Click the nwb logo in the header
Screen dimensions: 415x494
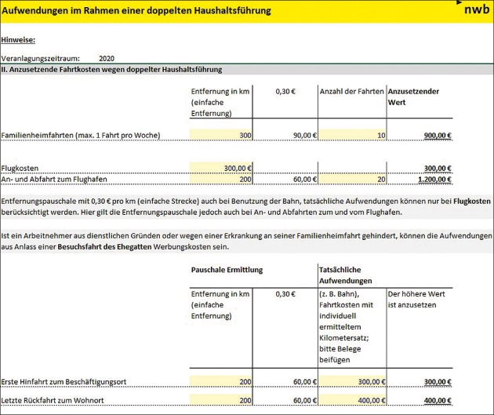click(474, 10)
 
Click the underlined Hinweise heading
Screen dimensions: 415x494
click(18, 39)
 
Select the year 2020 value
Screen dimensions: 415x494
click(107, 58)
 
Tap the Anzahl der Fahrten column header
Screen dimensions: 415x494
click(352, 92)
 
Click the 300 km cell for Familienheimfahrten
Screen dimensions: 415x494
click(221, 136)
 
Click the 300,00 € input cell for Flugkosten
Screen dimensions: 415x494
click(221, 168)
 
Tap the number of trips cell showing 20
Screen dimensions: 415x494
click(352, 179)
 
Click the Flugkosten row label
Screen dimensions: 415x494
click(20, 168)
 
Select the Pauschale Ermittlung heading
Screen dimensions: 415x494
click(227, 270)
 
